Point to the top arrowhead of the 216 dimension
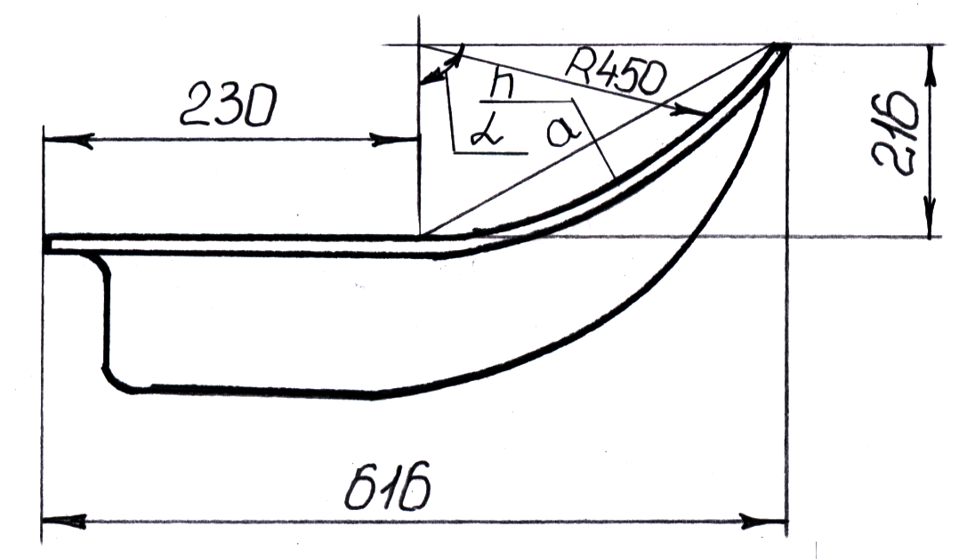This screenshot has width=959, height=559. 931,55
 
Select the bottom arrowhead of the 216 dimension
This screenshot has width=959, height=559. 931,226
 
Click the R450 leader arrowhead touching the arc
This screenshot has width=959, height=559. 701,111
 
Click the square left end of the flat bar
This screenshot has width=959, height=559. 47,244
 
